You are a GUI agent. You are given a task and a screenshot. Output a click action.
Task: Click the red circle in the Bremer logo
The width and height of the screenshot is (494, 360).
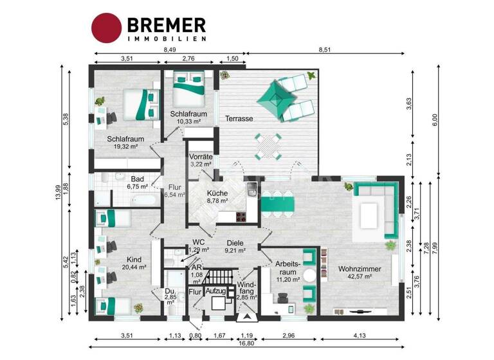coord(106,28)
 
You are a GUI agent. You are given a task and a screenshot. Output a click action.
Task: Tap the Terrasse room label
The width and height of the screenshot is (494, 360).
coord(239,119)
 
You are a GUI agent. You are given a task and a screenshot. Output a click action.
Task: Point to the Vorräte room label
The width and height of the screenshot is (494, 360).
coord(201,157)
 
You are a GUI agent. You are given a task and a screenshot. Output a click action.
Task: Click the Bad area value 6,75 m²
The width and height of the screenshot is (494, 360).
coord(136,186)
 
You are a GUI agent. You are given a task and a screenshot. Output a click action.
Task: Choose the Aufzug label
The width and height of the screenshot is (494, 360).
coord(215,291)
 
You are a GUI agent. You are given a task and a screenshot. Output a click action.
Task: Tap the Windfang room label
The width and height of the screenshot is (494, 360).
coord(246,287)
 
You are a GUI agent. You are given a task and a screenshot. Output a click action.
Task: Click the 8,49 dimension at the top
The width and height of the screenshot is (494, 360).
coord(170,50)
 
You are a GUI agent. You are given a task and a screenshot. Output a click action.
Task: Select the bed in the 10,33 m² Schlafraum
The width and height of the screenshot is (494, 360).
coord(191,89)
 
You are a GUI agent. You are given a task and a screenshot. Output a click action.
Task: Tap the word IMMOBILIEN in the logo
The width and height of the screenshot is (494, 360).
coord(167,39)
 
